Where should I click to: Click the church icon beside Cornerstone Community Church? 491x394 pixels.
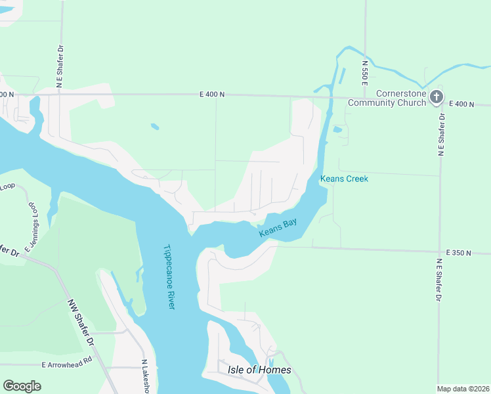pos(437,98)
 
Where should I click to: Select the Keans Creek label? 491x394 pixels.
pos(344,179)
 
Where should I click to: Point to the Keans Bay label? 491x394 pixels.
pos(278,227)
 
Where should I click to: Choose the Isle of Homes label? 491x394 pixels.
pos(259,370)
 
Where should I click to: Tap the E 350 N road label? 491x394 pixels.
pos(459,253)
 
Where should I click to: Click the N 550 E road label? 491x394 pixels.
pos(364,73)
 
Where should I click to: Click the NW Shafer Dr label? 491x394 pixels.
pos(81,323)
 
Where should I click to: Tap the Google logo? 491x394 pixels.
pos(22,386)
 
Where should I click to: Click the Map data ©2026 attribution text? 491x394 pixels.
pos(463,389)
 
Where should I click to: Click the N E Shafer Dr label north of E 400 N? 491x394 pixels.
pos(59,62)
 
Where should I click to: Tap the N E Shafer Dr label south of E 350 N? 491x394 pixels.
pos(438,279)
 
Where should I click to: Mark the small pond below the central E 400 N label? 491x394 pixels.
pos(154,127)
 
